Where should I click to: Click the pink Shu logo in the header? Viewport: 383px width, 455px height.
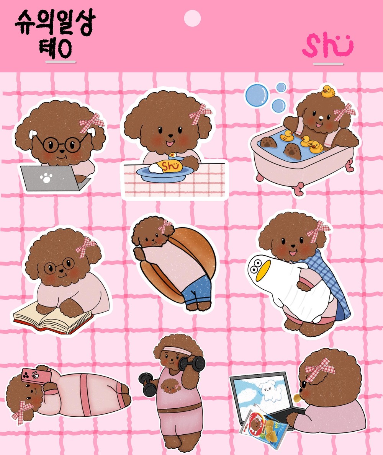click(x=327, y=45)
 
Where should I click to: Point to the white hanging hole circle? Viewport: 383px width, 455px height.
click(x=192, y=18)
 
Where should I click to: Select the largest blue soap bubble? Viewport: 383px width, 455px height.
click(x=257, y=95)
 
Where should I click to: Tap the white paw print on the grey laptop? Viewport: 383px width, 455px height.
click(x=46, y=178)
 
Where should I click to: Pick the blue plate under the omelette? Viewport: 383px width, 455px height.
click(x=165, y=174)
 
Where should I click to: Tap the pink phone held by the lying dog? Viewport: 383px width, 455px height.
click(x=36, y=376)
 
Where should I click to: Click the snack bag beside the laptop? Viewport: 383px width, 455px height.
click(x=264, y=426)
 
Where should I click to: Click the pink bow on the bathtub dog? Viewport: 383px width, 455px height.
click(x=345, y=112)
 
